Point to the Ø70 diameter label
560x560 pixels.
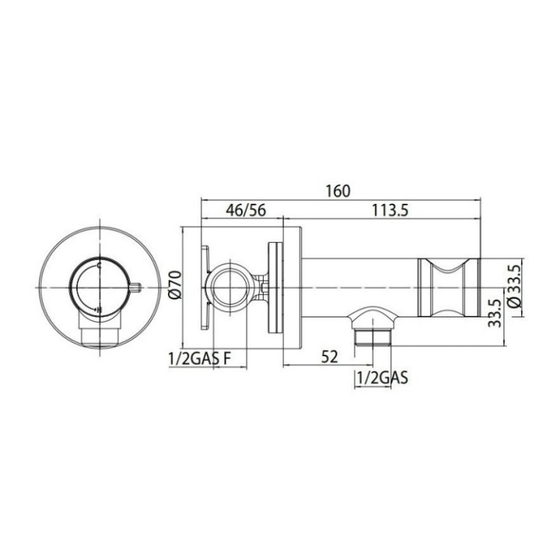[175, 285]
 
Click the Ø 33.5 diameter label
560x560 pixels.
[513, 286]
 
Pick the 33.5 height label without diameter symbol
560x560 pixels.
[492, 313]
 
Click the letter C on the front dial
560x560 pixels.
[99, 265]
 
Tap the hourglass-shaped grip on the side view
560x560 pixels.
[449, 286]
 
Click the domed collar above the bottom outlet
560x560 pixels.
[373, 315]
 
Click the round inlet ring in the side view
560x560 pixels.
[230, 285]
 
